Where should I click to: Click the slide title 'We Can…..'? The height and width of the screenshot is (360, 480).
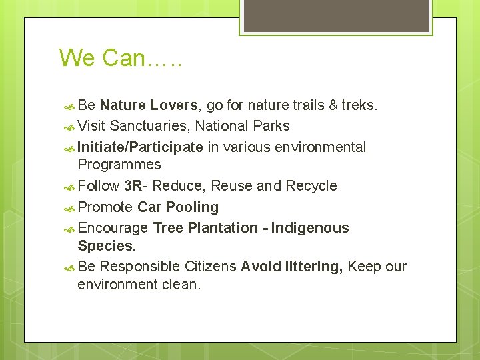[121, 58]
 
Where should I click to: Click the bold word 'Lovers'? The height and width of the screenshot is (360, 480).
[174, 105]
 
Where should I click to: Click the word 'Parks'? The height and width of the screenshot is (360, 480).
[271, 126]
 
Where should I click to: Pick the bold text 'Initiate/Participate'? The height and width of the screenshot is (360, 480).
[140, 147]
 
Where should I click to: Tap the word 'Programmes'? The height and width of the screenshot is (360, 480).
[119, 165]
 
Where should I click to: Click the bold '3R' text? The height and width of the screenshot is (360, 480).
[133, 185]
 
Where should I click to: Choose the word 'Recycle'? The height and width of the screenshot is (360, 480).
[311, 185]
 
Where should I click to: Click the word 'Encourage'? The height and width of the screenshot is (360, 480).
[113, 227]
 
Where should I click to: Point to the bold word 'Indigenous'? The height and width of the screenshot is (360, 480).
[310, 227]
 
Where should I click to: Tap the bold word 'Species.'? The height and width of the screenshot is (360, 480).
[107, 245]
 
